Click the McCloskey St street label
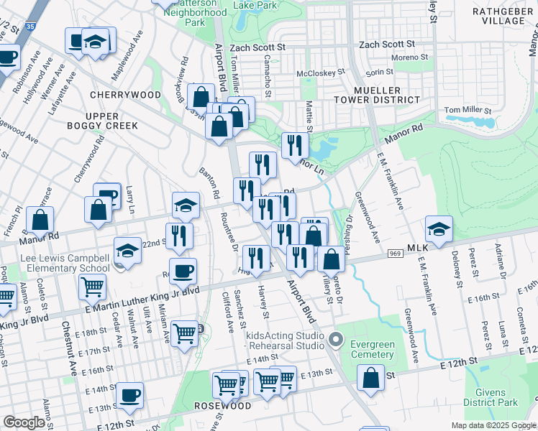click(321, 73)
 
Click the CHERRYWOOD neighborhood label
click(126, 95)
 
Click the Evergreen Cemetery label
click(372, 349)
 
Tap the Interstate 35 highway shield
click(29, 26)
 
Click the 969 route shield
click(395, 254)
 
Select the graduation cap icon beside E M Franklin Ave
click(439, 229)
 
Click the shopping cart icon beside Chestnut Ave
click(93, 287)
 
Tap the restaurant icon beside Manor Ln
click(295, 146)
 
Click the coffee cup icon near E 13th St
click(130, 394)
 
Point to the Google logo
click(24, 422)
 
